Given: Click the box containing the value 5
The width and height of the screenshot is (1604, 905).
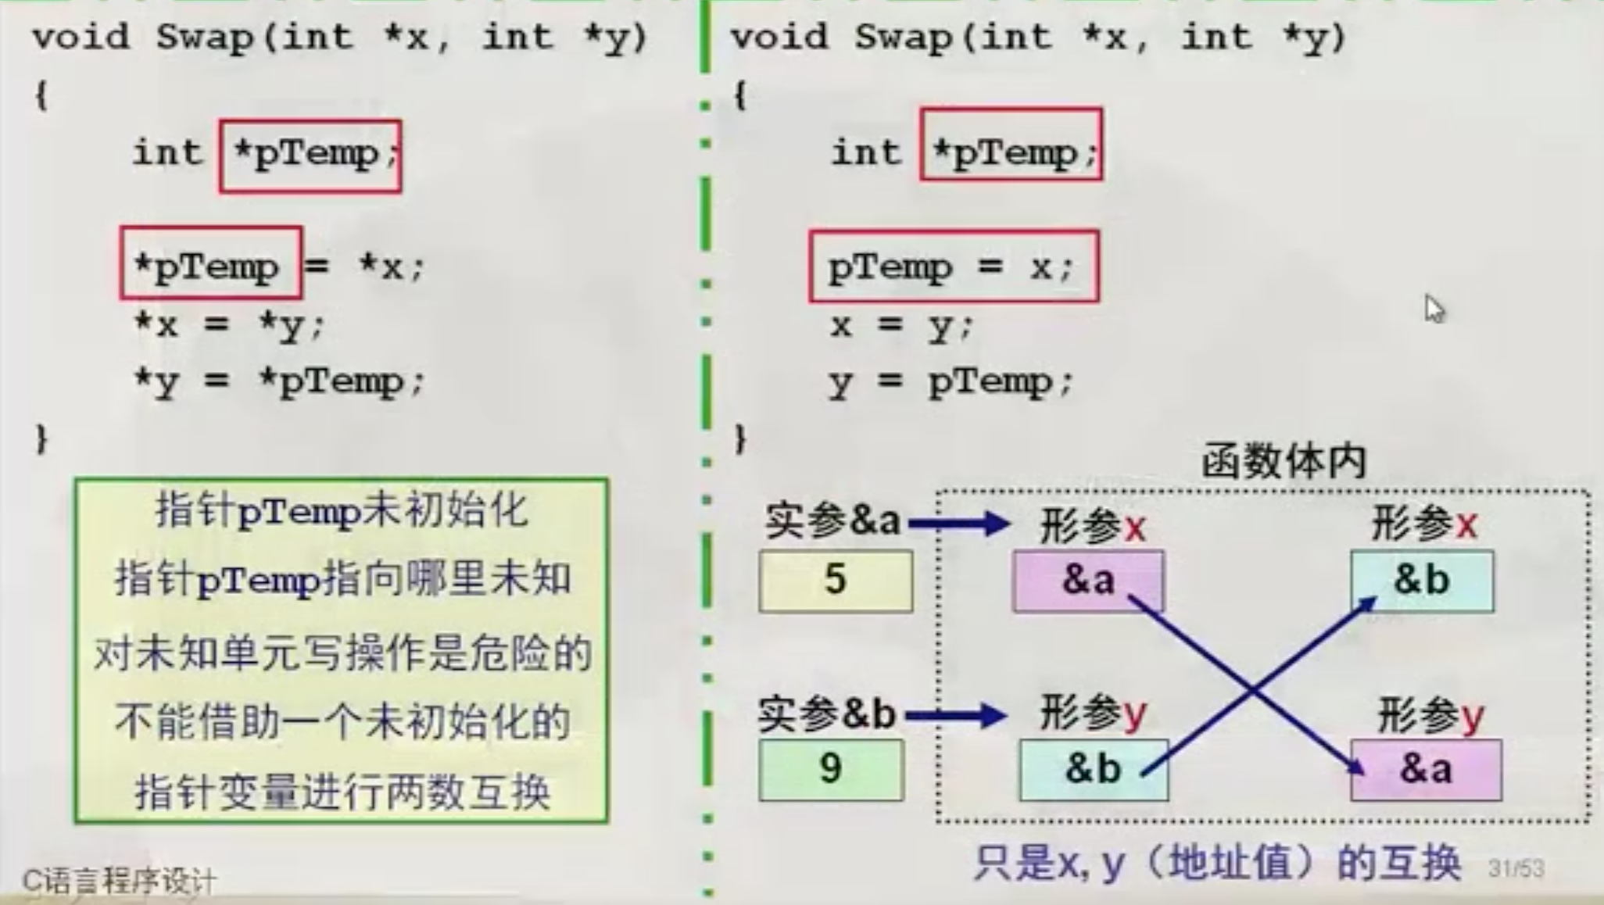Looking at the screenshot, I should pos(835,580).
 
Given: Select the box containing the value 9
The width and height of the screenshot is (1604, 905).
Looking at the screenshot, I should pos(830,769).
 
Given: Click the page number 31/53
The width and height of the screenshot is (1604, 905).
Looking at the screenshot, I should pos(1516,869).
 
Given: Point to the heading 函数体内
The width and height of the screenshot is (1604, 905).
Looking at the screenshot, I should pos(1284,461).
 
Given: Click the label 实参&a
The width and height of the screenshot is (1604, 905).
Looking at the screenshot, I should pos(832,521).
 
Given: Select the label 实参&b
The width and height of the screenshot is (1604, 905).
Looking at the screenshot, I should pos(827,714).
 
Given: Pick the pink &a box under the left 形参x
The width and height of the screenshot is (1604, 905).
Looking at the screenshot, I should pos(1087,581).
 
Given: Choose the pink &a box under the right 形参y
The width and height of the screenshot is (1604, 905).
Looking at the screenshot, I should pos(1426,769).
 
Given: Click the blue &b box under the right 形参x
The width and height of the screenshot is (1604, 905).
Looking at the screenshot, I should pos(1421,581).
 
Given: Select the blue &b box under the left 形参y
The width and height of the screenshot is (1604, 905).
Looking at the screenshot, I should pos(1093,769).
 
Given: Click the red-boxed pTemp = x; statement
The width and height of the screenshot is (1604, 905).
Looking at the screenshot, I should pos(953,266).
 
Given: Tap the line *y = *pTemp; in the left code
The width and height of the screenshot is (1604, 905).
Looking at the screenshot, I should pos(279,382).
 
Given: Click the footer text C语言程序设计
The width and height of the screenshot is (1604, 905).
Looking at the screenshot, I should pos(119,882).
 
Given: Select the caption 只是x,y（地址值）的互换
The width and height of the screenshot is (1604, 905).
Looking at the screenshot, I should pos(1216,864).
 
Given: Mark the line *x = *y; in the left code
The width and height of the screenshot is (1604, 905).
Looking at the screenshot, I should pos(228,324).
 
